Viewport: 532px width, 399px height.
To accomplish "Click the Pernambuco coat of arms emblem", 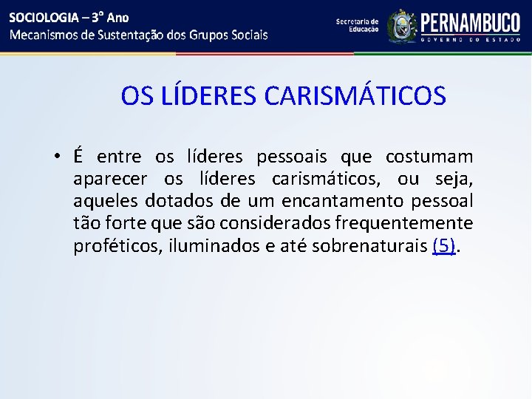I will pos(402,27).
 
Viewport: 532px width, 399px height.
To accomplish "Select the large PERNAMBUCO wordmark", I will pos(470,23).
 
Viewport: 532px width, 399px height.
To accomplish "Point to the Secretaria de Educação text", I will pos(357,26).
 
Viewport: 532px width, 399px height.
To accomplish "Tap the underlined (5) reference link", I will pos(443,246).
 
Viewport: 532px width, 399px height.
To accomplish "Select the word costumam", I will pos(429,157).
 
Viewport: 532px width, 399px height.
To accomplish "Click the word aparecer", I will pos(110,180).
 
